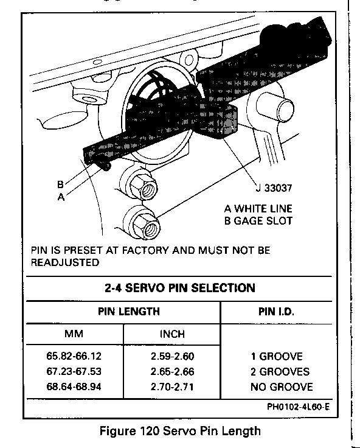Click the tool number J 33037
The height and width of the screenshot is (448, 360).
click(274, 188)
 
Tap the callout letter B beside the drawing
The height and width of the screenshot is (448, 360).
click(60, 184)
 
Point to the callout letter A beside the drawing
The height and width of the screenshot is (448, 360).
click(61, 197)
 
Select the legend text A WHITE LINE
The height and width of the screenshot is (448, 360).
click(258, 209)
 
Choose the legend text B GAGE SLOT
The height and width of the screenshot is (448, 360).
click(258, 221)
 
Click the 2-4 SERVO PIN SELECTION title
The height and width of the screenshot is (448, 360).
click(180, 288)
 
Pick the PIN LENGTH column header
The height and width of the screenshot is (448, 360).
click(129, 311)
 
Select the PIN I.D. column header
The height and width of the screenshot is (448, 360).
click(276, 312)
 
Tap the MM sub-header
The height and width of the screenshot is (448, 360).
click(74, 334)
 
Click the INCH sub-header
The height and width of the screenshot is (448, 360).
click(172, 334)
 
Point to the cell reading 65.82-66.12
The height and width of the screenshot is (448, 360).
click(74, 356)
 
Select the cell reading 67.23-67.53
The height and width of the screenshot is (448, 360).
click(74, 371)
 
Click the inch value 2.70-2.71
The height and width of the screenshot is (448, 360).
click(172, 387)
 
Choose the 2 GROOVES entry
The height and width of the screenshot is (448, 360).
click(280, 371)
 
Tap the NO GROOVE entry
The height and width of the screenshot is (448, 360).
click(282, 387)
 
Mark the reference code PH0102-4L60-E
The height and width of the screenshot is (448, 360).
click(299, 407)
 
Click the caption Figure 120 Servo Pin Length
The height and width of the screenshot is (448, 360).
click(180, 431)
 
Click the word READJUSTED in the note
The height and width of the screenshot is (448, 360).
click(65, 262)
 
